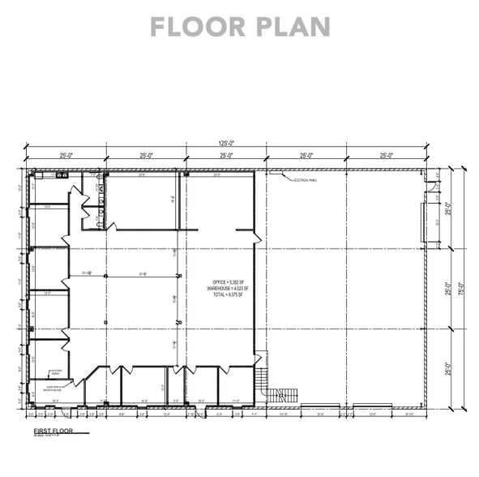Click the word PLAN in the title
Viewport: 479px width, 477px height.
click(x=289, y=26)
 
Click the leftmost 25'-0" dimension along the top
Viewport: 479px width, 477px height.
click(x=66, y=155)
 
